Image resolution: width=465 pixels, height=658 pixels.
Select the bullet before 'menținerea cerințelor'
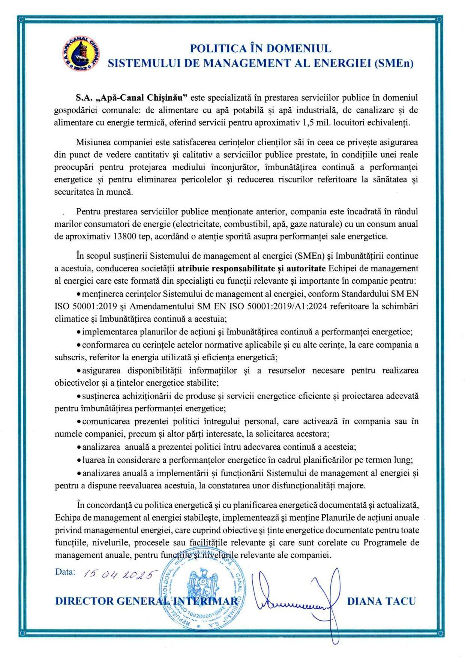pyautogui.click(x=78, y=294)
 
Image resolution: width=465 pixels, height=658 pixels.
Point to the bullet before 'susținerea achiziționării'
pyautogui.click(x=78, y=396)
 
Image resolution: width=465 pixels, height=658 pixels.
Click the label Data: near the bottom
pyautogui.click(x=65, y=572)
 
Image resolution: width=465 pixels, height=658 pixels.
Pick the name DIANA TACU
pyautogui.click(x=382, y=601)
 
